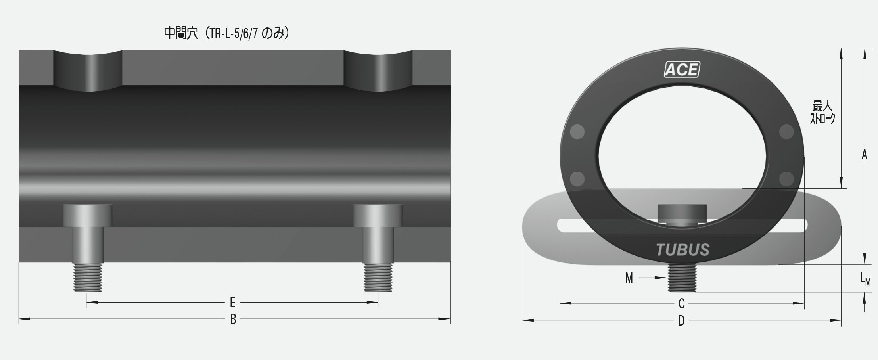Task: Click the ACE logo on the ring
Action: tap(682, 70)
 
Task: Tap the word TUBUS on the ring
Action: tap(682, 250)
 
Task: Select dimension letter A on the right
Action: tap(865, 154)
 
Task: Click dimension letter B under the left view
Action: tap(233, 319)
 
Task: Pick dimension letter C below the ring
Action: tap(681, 304)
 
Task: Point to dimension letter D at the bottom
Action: tap(681, 321)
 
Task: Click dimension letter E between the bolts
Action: tap(233, 303)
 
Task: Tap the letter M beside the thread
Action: tap(629, 278)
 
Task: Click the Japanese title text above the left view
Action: tap(226, 33)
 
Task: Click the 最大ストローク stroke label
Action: tap(822, 113)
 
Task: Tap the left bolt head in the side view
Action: tap(88, 215)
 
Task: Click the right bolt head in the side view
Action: tap(378, 215)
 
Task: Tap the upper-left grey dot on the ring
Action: tap(577, 132)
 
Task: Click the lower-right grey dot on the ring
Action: tap(786, 179)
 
